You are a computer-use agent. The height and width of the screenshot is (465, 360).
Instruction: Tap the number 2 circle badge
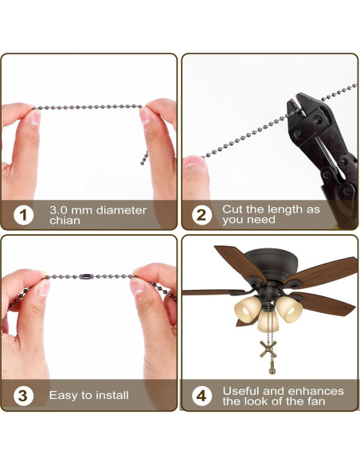(203, 215)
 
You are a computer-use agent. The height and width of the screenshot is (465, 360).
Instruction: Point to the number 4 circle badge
(203, 395)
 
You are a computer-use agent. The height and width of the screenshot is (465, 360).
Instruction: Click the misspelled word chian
(65, 221)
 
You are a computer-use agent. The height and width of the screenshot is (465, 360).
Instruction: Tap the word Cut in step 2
(232, 209)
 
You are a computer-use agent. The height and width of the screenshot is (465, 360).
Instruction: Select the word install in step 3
(110, 395)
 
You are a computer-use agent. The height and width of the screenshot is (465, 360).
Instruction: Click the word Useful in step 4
(241, 390)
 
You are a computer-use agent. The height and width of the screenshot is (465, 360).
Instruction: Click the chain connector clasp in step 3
(85, 278)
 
